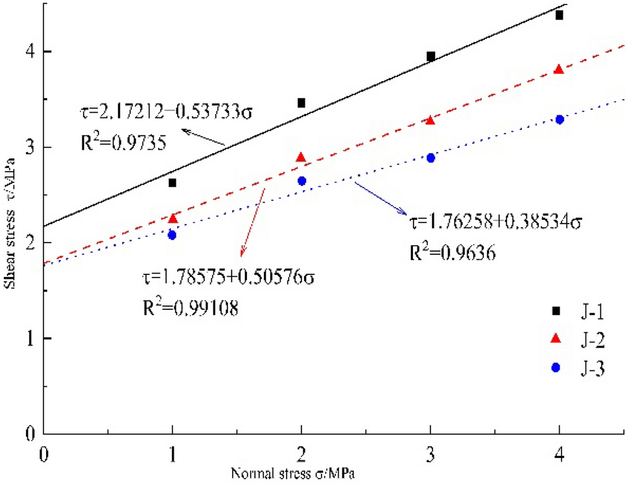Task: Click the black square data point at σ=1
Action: click(172, 183)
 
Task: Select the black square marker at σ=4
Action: click(559, 15)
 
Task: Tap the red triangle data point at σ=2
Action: click(301, 158)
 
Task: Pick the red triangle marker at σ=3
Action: click(430, 121)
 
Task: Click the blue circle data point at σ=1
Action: click(172, 235)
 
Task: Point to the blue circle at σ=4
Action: click(560, 119)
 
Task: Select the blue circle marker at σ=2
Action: click(302, 181)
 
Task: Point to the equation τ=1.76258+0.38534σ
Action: click(497, 222)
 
